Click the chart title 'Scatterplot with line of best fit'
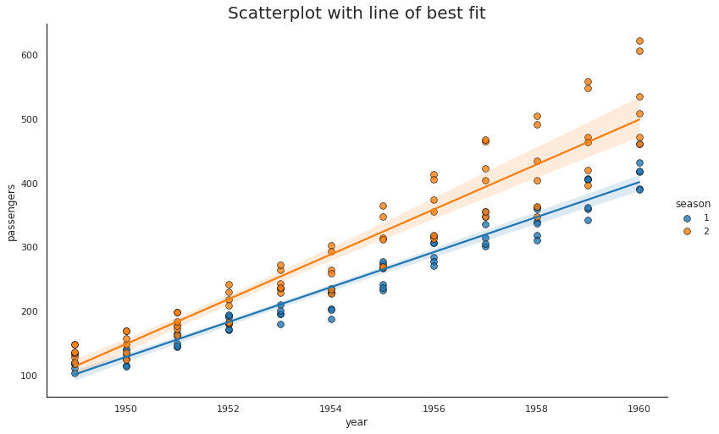357,14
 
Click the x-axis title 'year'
357,422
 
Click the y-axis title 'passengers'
12,212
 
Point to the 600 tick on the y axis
30,56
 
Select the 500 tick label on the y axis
30,120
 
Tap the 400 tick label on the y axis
30,184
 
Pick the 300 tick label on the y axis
30,248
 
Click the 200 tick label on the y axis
30,311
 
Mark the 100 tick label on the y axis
30,376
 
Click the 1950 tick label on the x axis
126,409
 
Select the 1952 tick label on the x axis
229,409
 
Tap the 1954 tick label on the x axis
331,409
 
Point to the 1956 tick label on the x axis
434,409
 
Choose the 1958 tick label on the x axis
536,409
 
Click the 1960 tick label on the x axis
639,409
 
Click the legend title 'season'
693,204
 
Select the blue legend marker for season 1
687,218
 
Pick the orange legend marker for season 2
687,232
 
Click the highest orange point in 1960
639,41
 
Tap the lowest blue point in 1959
588,220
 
